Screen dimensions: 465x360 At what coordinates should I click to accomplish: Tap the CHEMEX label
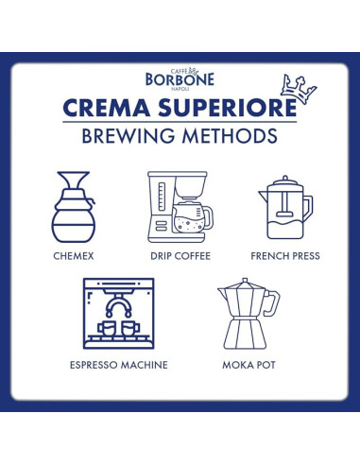(x=78, y=255)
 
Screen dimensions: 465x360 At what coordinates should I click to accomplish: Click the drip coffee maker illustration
(x=178, y=206)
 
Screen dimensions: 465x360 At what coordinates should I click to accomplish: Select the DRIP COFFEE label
(x=179, y=255)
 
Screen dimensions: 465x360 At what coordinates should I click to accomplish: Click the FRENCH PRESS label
(x=284, y=255)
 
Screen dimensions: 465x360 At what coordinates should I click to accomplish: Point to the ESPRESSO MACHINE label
(x=118, y=364)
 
